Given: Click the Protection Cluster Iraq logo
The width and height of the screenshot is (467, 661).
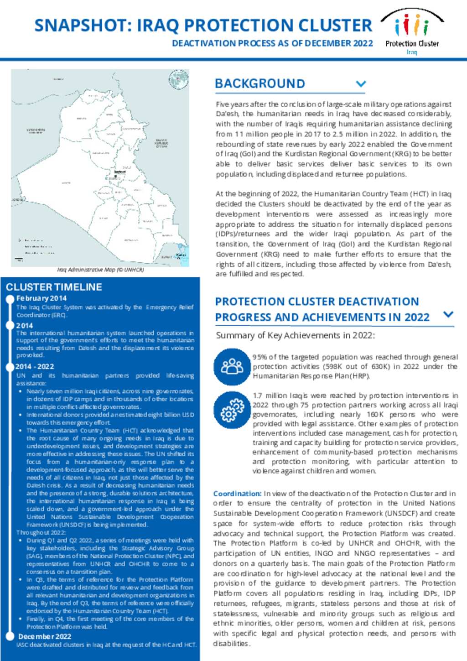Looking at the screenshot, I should click(x=412, y=32).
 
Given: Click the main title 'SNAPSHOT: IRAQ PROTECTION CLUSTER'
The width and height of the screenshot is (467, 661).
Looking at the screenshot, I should click(x=203, y=26).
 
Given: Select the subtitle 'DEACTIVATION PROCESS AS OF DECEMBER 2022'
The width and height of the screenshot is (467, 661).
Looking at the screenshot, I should click(x=272, y=43).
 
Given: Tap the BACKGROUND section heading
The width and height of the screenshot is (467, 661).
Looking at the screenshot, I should click(x=259, y=83).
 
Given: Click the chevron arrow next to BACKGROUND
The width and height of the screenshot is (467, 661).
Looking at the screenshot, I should click(x=361, y=84).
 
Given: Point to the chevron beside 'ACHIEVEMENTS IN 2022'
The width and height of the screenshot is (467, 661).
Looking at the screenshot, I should click(x=448, y=314).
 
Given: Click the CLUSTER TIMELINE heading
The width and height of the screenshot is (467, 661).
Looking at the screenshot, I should click(x=54, y=287).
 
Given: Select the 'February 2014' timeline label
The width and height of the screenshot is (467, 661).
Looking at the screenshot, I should click(x=42, y=298).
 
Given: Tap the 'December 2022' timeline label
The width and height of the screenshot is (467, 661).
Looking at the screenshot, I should click(x=45, y=636).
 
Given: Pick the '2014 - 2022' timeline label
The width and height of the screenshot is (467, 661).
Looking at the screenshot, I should click(x=35, y=366).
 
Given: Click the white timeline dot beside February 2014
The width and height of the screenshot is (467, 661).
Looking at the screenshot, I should click(x=10, y=299).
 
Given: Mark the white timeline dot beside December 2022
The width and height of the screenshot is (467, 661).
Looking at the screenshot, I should click(x=10, y=636).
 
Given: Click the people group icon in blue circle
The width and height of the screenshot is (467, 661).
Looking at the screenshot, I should click(x=232, y=366).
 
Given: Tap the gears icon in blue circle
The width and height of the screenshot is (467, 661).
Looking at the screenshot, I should click(x=232, y=409).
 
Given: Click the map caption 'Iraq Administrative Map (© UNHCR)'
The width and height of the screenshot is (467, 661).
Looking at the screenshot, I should click(x=100, y=270).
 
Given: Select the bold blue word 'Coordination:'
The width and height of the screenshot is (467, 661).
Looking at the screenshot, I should click(x=237, y=494).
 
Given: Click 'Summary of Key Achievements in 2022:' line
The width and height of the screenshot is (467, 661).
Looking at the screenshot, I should click(x=295, y=335).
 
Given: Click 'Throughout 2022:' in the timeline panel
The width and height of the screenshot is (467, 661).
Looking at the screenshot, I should click(x=41, y=532).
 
